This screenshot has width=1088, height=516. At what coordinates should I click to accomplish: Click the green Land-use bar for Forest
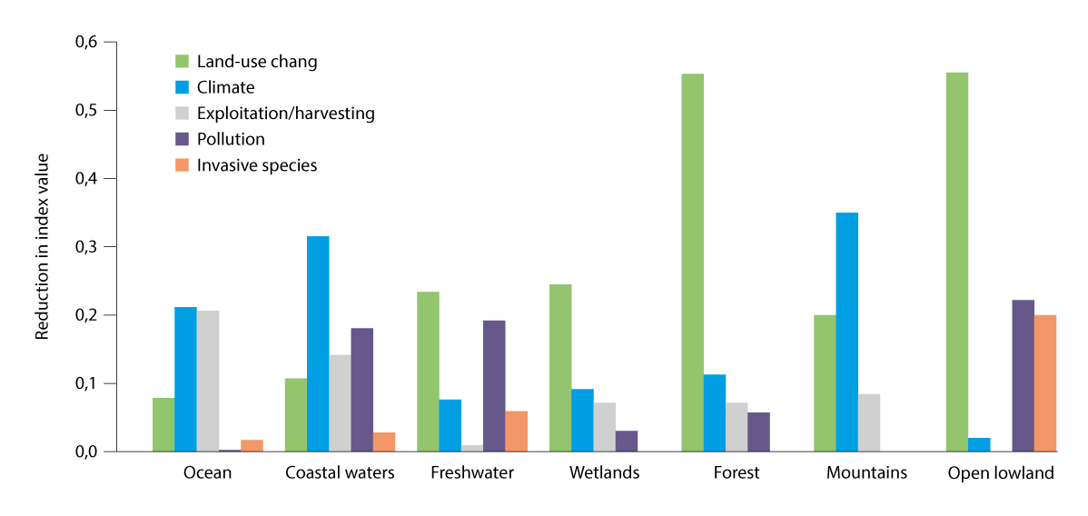(x=693, y=263)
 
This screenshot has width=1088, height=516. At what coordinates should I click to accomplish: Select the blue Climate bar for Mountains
(x=846, y=332)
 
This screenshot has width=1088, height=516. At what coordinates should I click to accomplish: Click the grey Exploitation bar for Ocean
(x=208, y=382)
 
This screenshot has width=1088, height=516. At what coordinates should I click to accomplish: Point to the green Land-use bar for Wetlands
(x=560, y=368)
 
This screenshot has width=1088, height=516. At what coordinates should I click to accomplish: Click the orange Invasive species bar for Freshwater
(x=516, y=432)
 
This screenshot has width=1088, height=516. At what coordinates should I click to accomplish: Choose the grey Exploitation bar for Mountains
(x=869, y=422)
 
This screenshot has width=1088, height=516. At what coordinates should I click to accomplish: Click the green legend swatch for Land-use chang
(x=182, y=62)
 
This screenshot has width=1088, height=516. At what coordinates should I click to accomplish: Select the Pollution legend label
(x=231, y=139)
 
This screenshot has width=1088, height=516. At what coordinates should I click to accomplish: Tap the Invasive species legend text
(x=257, y=165)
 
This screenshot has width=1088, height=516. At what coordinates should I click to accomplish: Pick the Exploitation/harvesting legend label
(x=285, y=114)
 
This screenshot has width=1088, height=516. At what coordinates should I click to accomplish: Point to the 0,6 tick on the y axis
(x=92, y=42)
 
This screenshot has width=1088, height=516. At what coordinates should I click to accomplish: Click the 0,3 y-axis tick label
(x=92, y=247)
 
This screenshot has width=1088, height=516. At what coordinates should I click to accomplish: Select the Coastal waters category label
(x=340, y=472)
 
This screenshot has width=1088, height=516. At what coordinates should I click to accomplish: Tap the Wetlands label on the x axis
(x=604, y=472)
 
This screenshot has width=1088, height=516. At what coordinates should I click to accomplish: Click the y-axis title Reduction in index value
(x=42, y=246)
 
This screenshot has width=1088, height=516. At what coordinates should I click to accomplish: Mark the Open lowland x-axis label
(x=1001, y=472)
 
